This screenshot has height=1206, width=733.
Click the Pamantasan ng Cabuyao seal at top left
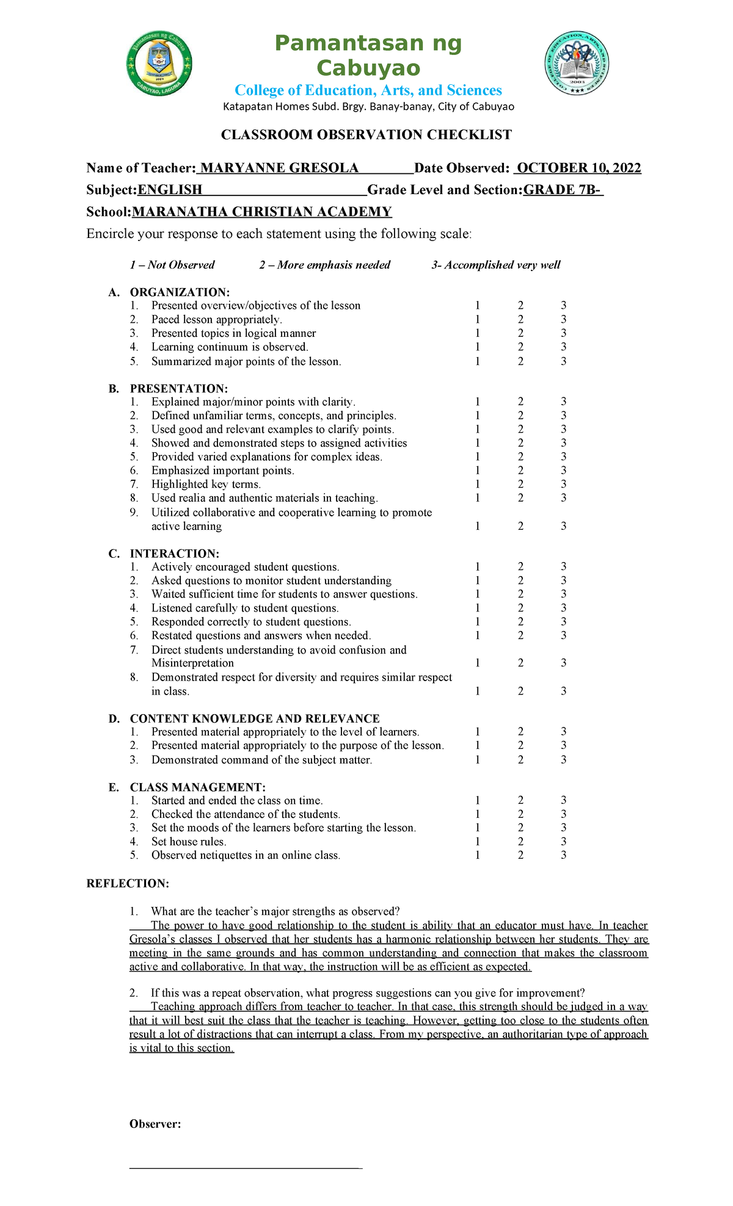click(159, 63)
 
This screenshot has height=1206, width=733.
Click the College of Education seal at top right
click(576, 63)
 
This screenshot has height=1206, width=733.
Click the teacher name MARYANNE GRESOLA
click(279, 168)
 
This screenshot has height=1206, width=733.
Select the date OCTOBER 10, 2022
click(578, 168)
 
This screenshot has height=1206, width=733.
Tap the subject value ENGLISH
click(170, 190)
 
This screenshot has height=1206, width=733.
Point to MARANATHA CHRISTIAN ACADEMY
click(261, 212)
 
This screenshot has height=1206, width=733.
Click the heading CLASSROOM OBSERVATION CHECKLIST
click(366, 135)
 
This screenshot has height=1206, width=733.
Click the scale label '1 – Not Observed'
click(172, 265)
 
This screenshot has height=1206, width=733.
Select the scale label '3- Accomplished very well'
click(495, 265)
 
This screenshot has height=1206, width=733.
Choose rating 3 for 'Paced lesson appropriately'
click(563, 319)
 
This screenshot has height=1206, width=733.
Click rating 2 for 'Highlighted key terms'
click(520, 485)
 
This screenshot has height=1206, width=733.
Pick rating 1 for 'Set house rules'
click(477, 842)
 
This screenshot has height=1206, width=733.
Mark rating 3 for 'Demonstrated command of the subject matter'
click(563, 760)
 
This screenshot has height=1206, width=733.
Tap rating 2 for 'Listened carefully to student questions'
click(520, 608)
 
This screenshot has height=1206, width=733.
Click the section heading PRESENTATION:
click(178, 389)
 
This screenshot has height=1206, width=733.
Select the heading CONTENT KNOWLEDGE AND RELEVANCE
click(254, 718)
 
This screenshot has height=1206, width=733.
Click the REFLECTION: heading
click(128, 883)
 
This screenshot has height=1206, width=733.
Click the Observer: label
click(155, 1124)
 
